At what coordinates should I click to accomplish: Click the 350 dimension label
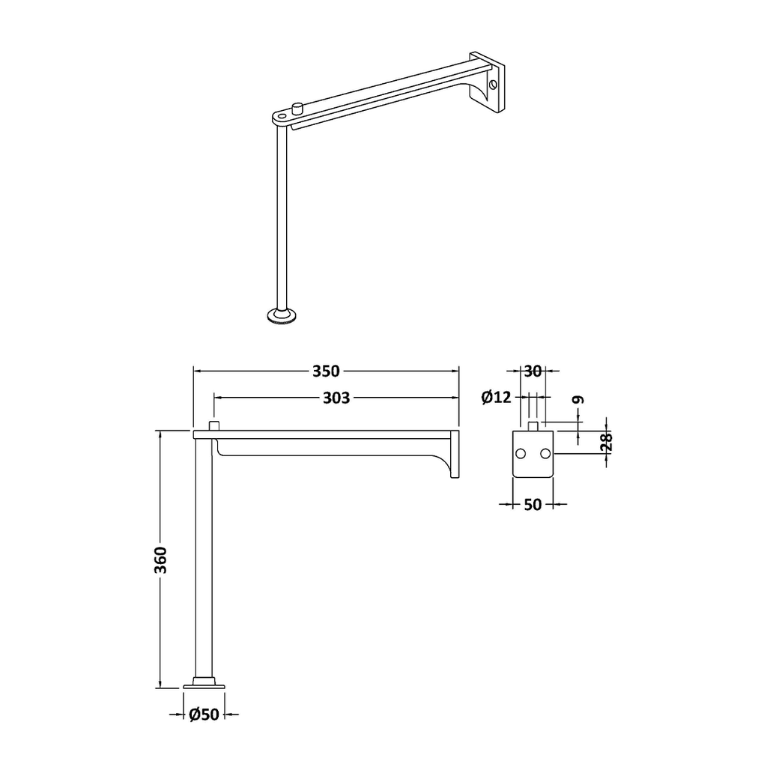point(326,371)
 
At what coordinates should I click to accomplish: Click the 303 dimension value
point(336,398)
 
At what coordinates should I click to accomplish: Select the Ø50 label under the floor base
point(204,715)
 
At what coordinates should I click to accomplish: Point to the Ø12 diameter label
point(497,397)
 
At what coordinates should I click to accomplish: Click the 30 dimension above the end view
point(533,372)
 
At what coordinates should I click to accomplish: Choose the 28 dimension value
point(607,442)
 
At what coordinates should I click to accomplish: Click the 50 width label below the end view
point(533,504)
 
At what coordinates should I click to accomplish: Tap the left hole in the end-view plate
point(521,454)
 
